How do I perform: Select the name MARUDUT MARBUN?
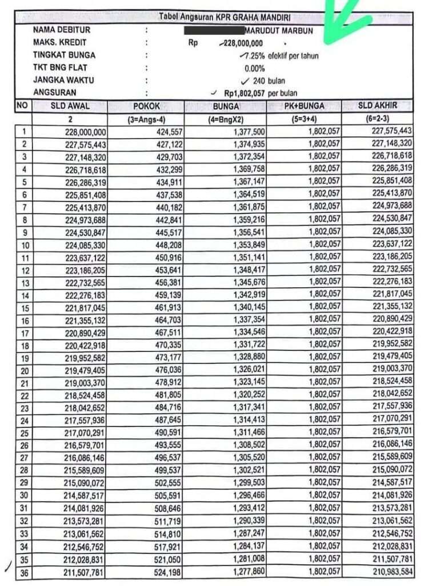(x=278, y=30)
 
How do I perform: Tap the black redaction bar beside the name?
(x=214, y=30)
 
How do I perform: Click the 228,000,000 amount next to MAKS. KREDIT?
(x=242, y=43)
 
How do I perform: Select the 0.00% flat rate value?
(x=255, y=69)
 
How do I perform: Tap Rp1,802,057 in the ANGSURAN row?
(x=245, y=93)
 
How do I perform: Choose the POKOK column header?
(x=146, y=106)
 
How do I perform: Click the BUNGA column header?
(x=226, y=106)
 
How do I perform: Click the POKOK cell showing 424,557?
(x=166, y=132)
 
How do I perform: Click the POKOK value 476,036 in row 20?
(x=166, y=370)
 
